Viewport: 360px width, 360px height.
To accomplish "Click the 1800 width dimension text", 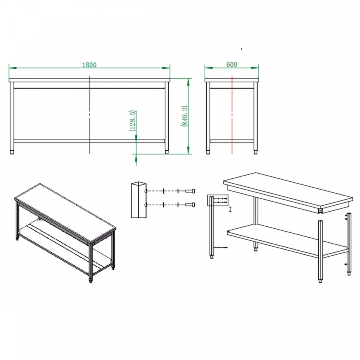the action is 89,65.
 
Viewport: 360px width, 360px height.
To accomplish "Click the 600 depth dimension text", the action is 232,64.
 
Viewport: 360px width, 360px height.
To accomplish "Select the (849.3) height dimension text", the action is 184,116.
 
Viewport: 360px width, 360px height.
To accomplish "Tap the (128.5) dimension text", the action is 132,121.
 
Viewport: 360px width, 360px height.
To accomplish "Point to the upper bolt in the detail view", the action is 190,191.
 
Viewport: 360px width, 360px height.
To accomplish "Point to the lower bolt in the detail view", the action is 190,204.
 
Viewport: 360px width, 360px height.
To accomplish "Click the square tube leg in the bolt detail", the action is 139,200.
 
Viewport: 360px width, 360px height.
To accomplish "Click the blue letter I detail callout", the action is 230,209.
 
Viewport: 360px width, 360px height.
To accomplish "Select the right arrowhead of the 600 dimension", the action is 255,68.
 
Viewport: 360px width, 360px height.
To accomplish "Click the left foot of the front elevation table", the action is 12,152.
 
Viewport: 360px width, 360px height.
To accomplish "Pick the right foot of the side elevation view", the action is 255,152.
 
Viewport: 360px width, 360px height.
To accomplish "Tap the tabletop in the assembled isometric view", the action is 65,212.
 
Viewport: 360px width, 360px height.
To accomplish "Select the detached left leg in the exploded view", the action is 212,227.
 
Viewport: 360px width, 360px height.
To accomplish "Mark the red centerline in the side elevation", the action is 232,114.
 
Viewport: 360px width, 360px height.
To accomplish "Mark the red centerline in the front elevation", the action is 89,114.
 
